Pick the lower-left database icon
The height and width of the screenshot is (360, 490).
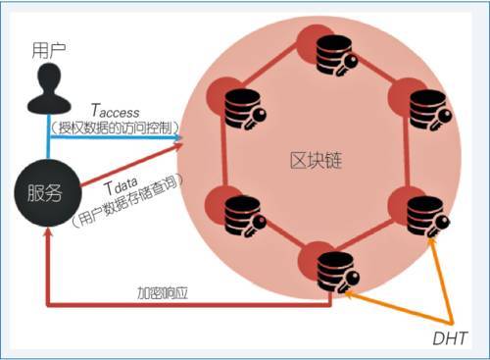pyautogui.click(x=236, y=214)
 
